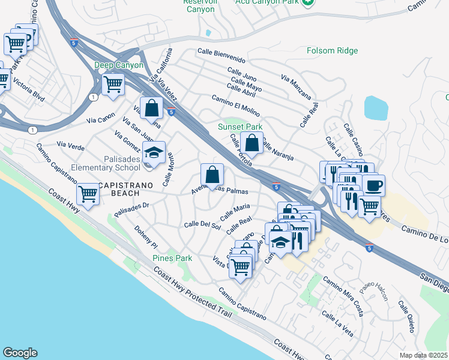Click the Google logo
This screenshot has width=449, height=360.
(x=20, y=353)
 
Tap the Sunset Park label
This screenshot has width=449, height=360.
(x=240, y=127)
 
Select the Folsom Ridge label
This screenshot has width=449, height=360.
(x=332, y=51)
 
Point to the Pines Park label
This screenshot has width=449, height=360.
(x=172, y=258)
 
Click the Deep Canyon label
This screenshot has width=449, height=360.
(x=118, y=65)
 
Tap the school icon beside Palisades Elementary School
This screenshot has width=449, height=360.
(x=154, y=153)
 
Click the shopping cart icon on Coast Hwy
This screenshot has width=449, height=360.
(x=88, y=194)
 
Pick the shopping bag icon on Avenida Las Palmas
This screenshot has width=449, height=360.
(x=212, y=175)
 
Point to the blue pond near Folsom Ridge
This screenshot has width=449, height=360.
(x=376, y=107)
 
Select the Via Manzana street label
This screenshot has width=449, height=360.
(x=296, y=87)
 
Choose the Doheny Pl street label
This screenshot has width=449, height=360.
(x=145, y=238)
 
